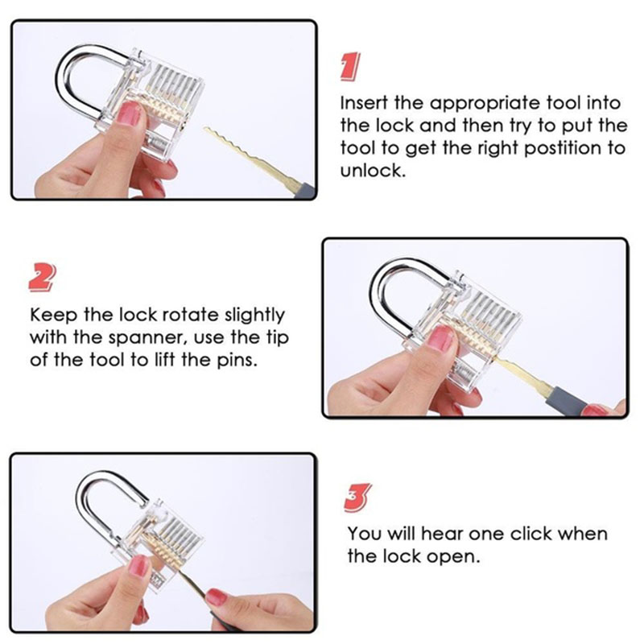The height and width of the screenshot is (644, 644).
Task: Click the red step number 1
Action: point(350,67)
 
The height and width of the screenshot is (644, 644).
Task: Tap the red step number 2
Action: point(43,278)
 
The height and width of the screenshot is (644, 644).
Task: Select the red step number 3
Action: point(357,497)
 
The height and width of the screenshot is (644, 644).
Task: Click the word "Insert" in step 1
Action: point(364,103)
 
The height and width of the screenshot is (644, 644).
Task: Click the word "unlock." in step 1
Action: point(373,171)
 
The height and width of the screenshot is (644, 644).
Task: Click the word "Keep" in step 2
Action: point(53,316)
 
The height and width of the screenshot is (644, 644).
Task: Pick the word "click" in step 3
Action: point(530,534)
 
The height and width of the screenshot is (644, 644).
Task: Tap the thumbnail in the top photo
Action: point(129,114)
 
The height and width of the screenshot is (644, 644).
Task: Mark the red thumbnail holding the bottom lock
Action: point(138,566)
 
